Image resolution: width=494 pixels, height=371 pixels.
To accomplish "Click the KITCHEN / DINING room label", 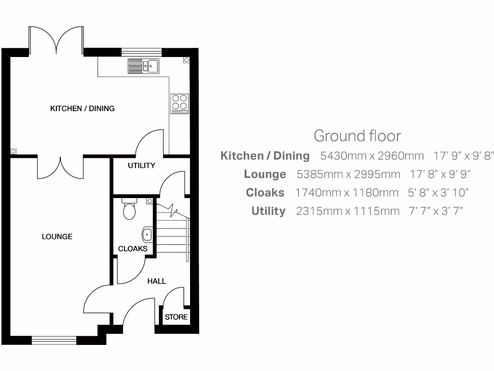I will pos(82,109).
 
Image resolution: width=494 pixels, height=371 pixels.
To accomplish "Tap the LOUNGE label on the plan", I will pos(57,237).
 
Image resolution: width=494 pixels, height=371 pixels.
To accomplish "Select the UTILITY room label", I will pos(141,166).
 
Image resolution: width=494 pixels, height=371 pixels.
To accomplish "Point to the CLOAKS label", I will pos(133,249).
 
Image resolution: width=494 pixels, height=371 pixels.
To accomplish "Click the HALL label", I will pos(156,281).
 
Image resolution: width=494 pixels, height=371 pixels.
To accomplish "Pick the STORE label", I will pos(176,317).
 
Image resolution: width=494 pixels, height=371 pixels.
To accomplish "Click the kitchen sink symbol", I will pos(143,66).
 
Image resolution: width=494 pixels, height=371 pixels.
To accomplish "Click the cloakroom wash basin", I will pos(147,235).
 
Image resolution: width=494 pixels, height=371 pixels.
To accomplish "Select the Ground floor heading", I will pos(357,136).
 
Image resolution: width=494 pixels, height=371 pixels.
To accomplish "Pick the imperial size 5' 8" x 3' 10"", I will pos(439,193).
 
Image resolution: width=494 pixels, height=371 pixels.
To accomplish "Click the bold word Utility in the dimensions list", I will pos(268,211).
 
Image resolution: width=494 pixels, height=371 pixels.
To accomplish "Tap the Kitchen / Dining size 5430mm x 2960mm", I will pos(372,156).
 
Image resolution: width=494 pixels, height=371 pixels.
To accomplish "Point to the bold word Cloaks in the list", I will pos(265,193).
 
